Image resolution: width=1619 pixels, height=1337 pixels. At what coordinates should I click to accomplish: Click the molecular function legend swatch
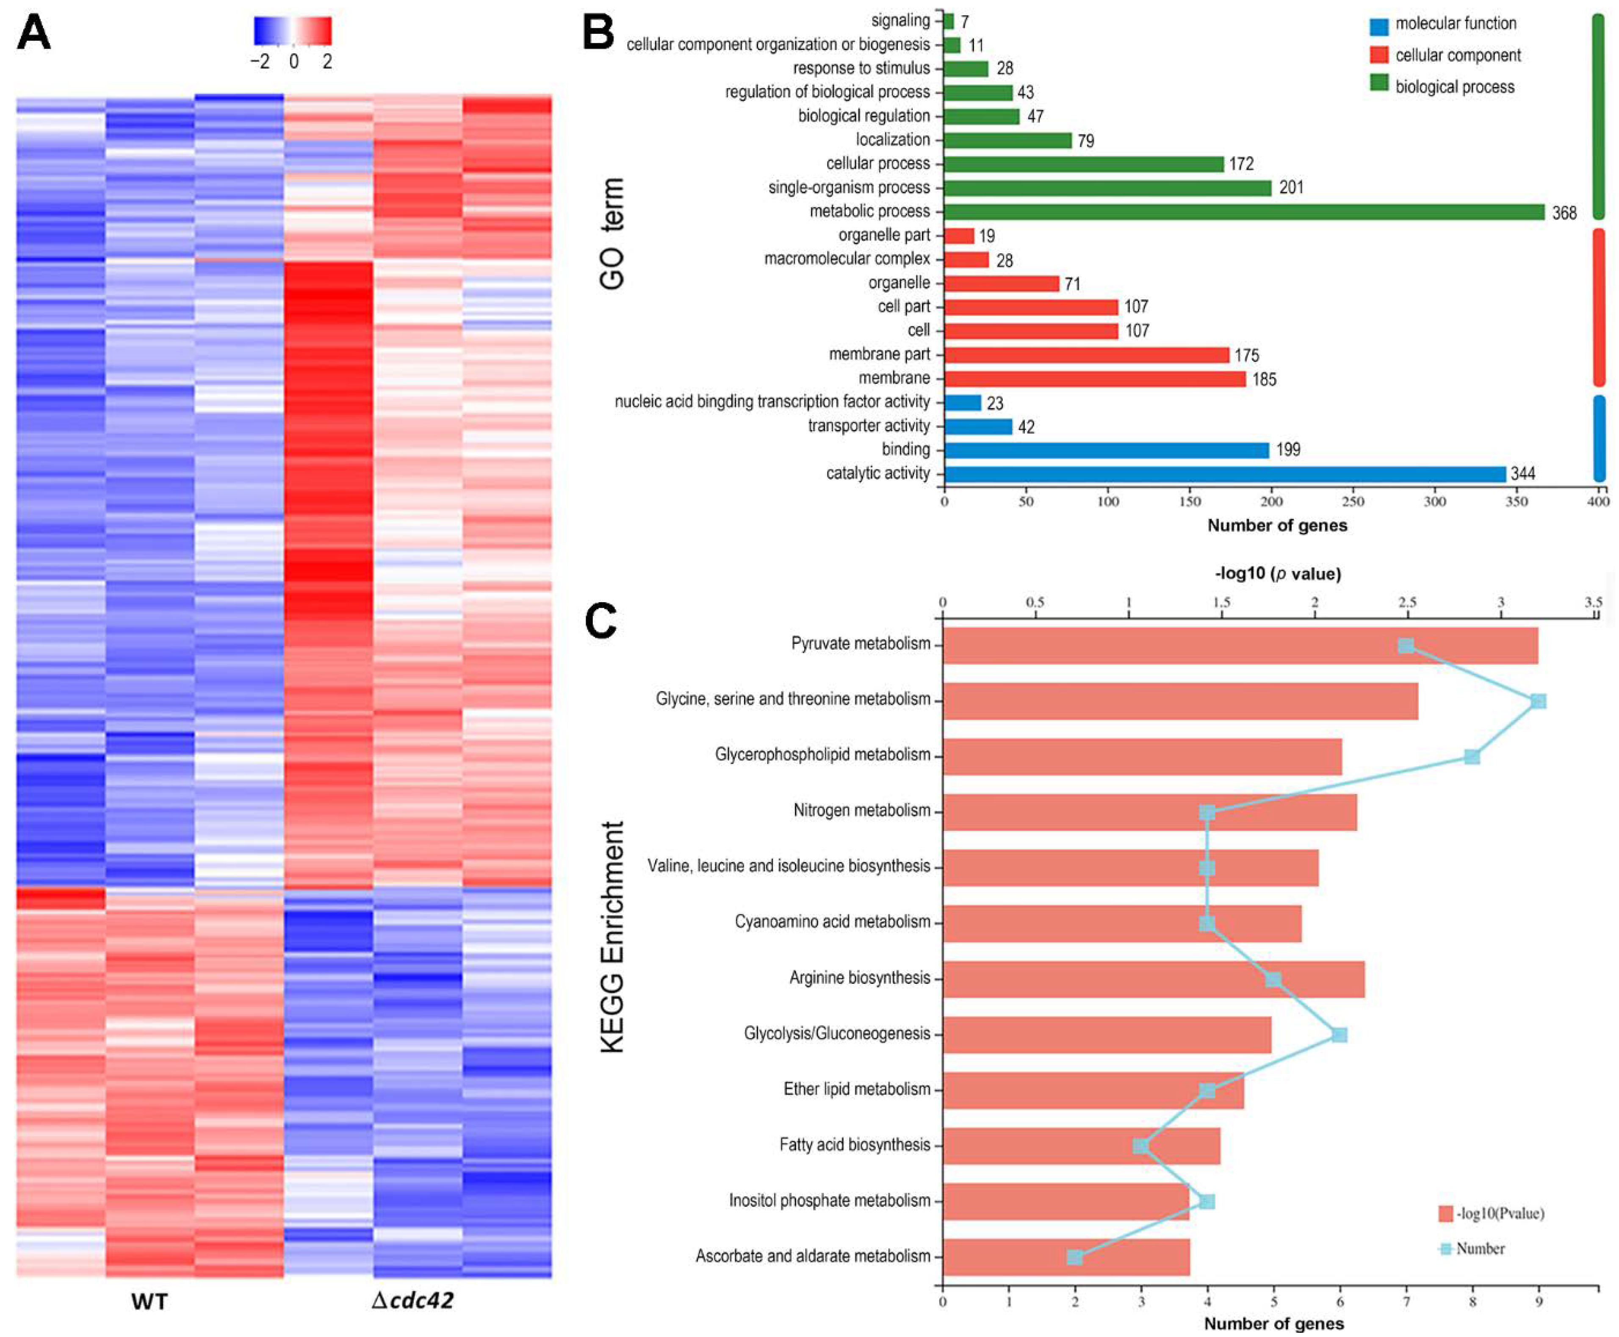point(1379,25)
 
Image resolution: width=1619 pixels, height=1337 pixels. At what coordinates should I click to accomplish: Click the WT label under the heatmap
point(149,1301)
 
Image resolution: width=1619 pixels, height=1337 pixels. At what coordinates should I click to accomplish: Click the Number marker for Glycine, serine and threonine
point(1538,701)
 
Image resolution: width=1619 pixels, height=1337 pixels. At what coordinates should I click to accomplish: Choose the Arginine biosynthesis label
point(860,978)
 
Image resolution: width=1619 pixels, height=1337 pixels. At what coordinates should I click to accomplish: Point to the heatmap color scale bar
point(293,31)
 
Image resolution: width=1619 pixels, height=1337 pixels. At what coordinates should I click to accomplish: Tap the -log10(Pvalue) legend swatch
point(1445,1214)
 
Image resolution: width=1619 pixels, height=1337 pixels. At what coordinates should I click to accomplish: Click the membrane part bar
point(1086,355)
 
